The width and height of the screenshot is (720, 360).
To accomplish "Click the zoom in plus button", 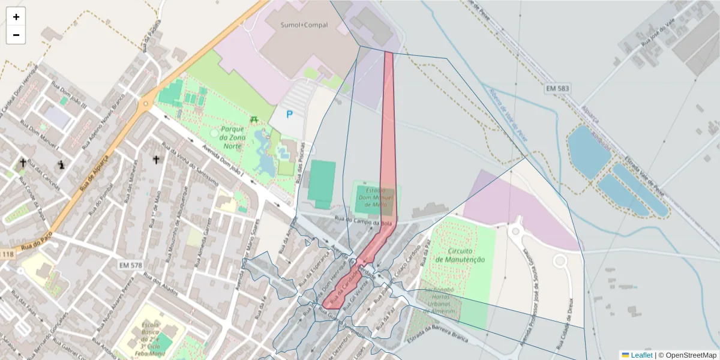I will tap(16, 17).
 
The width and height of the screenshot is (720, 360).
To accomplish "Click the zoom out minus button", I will tap(16, 35).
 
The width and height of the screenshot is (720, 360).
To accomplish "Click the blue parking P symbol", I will tap(289, 114).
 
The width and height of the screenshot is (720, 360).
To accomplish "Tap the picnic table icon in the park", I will tap(255, 119).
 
